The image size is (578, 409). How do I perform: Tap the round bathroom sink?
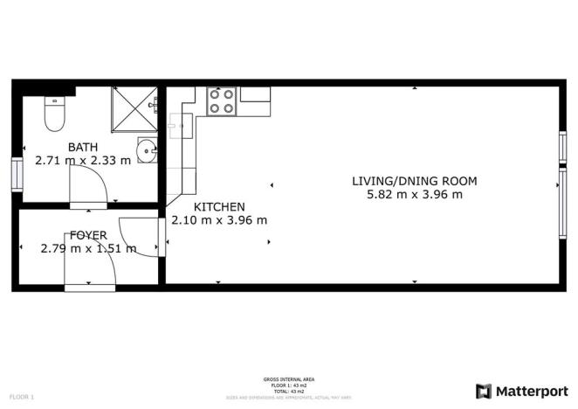(x=147, y=149)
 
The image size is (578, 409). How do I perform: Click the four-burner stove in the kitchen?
(x=221, y=101)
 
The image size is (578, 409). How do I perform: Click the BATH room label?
(x=83, y=148)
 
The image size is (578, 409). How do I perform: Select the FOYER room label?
(x=88, y=235)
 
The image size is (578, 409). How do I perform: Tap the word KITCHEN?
(x=218, y=207)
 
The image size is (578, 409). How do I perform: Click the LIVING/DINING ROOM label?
(x=414, y=182)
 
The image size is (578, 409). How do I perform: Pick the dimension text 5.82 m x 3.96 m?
(x=414, y=195)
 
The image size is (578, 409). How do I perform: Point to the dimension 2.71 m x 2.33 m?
(x=83, y=161)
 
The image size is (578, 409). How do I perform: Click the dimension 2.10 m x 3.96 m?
(x=219, y=220)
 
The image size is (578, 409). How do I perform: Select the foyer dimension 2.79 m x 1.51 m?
(x=88, y=248)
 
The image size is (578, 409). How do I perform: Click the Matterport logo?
(x=520, y=390)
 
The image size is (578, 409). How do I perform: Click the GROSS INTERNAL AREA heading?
(x=288, y=379)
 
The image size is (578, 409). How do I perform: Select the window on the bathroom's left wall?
(x=15, y=173)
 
